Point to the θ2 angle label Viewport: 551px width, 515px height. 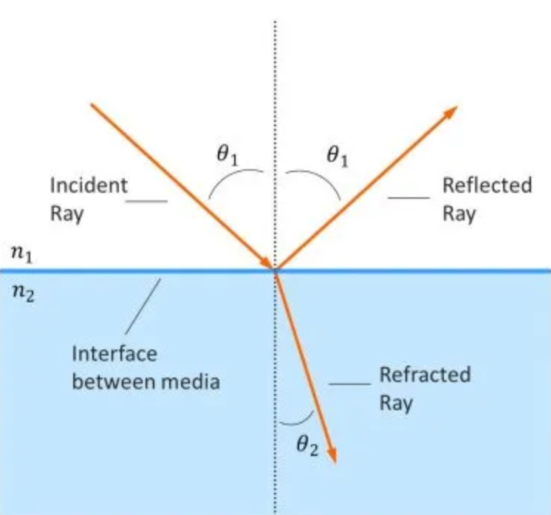(x=307, y=446)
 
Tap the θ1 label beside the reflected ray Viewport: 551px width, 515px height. (x=337, y=156)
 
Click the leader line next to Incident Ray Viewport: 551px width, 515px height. (x=150, y=200)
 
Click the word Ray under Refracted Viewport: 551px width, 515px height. (x=396, y=403)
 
